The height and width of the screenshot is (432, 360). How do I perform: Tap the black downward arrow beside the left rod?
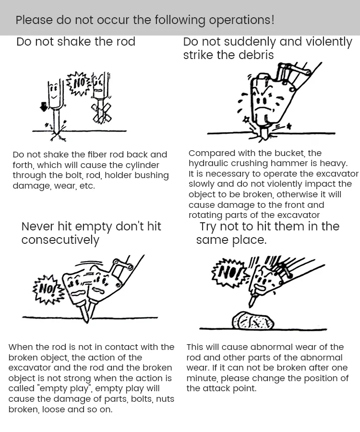point(44,107)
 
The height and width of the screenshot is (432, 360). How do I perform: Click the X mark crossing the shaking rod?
point(102,112)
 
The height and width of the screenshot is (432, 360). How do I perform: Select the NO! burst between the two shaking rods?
point(78,83)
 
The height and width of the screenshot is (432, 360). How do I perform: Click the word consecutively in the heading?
point(60,240)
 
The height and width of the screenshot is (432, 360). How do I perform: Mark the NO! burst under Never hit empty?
point(48,289)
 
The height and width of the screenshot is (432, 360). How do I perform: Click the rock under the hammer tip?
point(253,321)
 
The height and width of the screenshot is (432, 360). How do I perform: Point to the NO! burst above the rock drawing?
point(228,273)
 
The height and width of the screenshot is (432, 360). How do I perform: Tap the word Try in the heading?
point(208,227)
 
